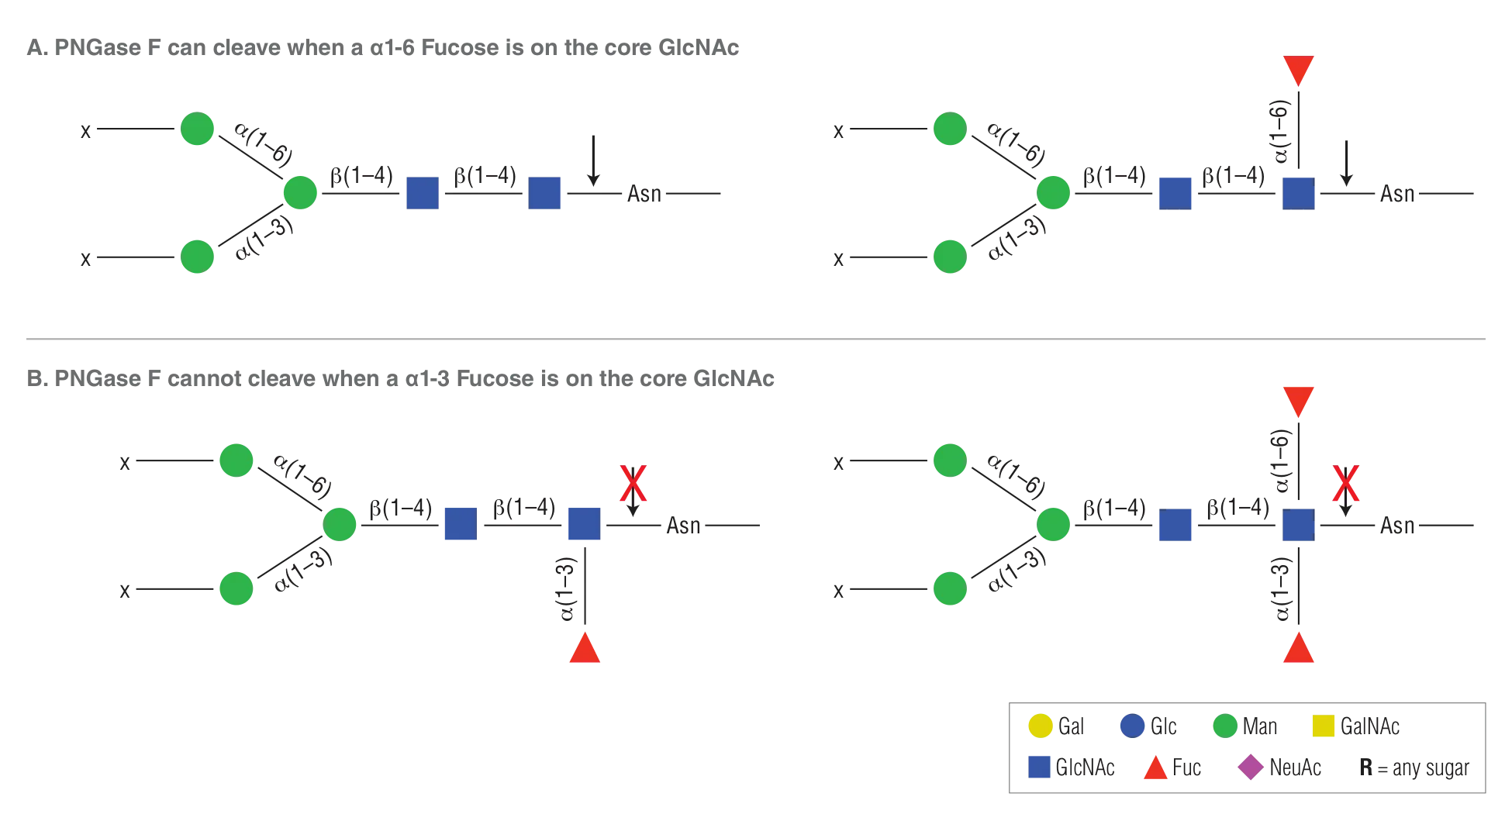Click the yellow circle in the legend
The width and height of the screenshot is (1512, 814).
pos(1040,726)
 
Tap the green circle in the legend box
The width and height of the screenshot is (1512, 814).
pos(1224,726)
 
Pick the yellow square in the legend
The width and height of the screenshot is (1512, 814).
pos(1323,726)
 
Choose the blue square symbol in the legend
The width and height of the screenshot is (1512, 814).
pos(1038,767)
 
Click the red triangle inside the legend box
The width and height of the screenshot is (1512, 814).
pos(1155,768)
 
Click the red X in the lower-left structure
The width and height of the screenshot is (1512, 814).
pos(633,485)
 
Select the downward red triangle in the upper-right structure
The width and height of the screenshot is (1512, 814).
pos(1297,70)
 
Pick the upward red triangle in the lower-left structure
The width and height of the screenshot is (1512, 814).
pos(584,649)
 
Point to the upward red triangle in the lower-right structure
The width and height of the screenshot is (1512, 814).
pos(1297,649)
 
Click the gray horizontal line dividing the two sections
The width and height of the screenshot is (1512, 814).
pos(756,338)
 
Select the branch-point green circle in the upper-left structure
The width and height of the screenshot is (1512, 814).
pos(299,192)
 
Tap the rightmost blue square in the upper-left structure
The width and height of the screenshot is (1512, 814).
pos(545,192)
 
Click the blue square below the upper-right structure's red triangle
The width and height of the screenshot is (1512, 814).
pos(1297,192)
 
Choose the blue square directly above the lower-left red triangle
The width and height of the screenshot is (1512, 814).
pos(584,524)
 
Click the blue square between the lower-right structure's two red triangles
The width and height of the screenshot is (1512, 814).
pos(1297,525)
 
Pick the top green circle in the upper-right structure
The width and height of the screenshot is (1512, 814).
pos(949,129)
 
